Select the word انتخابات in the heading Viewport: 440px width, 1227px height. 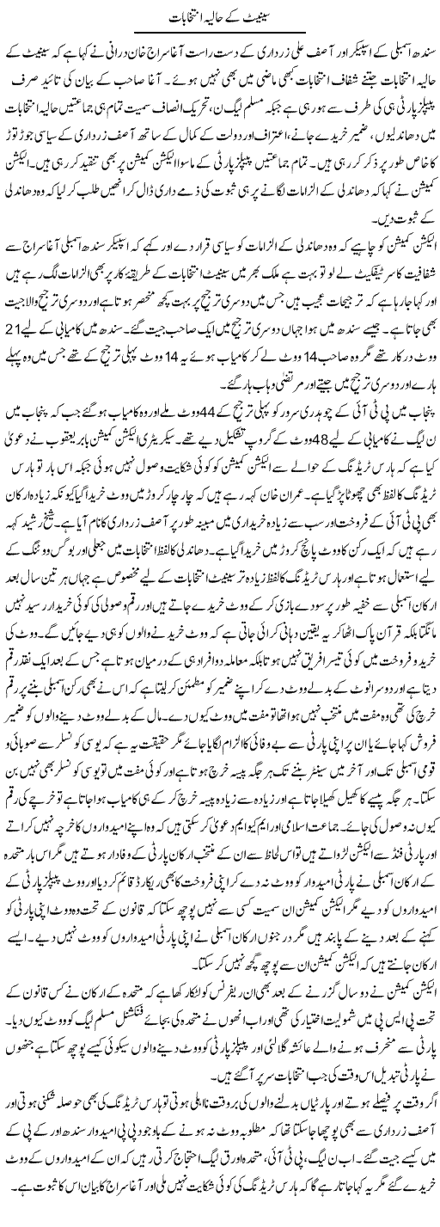click(184, 17)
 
